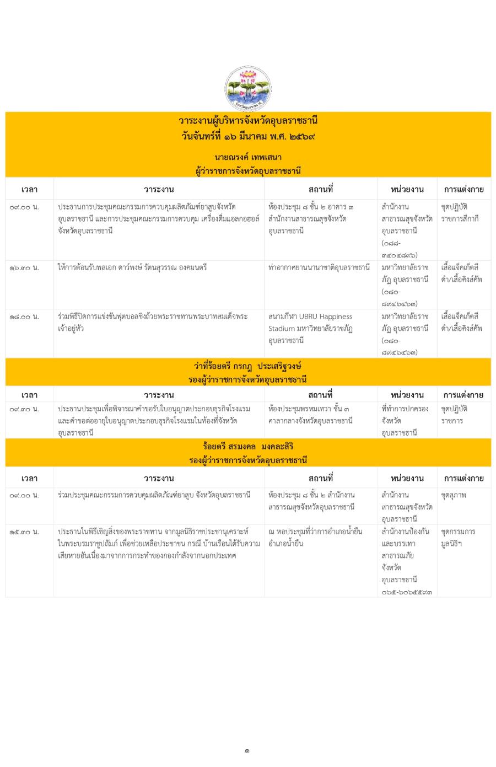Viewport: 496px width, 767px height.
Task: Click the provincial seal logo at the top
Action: [x=248, y=88]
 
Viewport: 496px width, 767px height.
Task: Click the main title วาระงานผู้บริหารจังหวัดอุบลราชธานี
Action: [x=248, y=121]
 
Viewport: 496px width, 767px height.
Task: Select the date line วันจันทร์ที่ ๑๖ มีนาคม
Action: [x=248, y=136]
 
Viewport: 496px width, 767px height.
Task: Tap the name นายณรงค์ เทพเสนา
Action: [x=248, y=157]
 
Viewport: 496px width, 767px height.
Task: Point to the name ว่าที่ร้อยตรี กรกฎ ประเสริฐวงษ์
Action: [x=248, y=366]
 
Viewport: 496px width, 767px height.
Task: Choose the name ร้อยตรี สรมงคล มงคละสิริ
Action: [x=248, y=446]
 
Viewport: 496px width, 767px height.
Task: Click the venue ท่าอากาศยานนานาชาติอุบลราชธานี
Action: [x=319, y=267]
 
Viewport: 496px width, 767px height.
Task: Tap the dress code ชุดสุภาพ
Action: [x=454, y=495]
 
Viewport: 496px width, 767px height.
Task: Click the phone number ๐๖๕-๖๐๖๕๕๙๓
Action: [x=407, y=592]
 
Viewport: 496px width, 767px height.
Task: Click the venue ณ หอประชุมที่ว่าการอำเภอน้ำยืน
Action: [x=315, y=532]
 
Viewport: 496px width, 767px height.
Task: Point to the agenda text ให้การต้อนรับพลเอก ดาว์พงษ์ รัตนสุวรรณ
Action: [x=132, y=267]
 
